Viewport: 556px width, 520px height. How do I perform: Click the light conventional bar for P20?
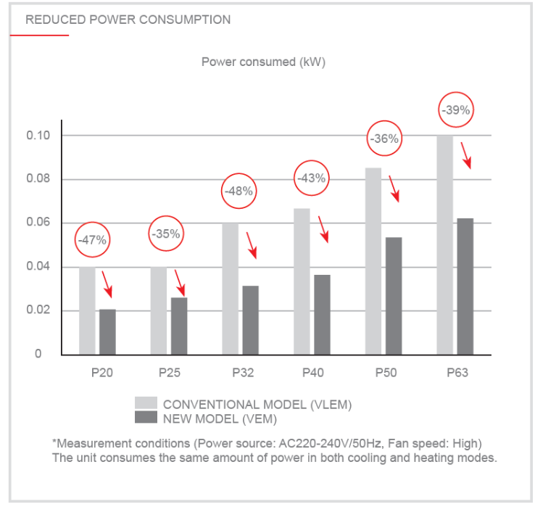pyautogui.click(x=87, y=310)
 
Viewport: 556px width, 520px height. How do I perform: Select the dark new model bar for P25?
pyautogui.click(x=178, y=326)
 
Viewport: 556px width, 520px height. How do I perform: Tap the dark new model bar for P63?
pyautogui.click(x=465, y=286)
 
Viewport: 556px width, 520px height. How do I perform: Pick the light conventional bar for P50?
pyautogui.click(x=374, y=261)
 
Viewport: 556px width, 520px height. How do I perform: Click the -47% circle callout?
pyautogui.click(x=91, y=239)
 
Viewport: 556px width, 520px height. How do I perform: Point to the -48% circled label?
pyautogui.click(x=238, y=191)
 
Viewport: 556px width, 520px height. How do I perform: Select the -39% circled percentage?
pyautogui.click(x=457, y=111)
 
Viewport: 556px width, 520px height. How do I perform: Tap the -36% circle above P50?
pyautogui.click(x=384, y=139)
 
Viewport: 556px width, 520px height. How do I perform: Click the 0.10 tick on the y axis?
pyautogui.click(x=39, y=136)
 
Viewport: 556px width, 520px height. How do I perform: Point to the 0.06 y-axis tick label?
pyautogui.click(x=39, y=223)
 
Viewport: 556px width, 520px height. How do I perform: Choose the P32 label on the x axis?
pyautogui.click(x=242, y=374)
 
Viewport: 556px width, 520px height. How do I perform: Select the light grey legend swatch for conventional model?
pyautogui.click(x=146, y=404)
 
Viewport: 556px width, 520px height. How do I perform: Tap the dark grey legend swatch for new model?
pyautogui.click(x=146, y=418)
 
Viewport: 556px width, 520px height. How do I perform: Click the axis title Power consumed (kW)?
pyautogui.click(x=263, y=62)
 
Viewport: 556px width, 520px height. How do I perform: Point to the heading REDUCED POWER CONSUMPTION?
pyautogui.click(x=128, y=20)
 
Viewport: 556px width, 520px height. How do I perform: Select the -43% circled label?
pyautogui.click(x=312, y=178)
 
